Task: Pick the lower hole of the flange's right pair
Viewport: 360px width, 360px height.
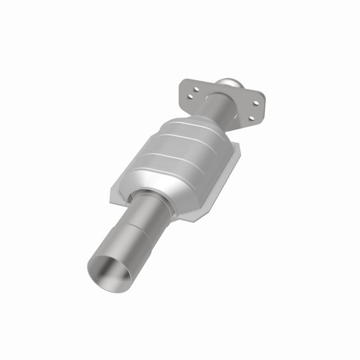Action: (x=251, y=118)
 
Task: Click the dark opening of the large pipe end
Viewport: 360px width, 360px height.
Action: (x=109, y=271)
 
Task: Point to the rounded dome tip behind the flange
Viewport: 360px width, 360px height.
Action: (x=229, y=83)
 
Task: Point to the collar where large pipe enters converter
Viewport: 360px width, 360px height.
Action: (x=152, y=198)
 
